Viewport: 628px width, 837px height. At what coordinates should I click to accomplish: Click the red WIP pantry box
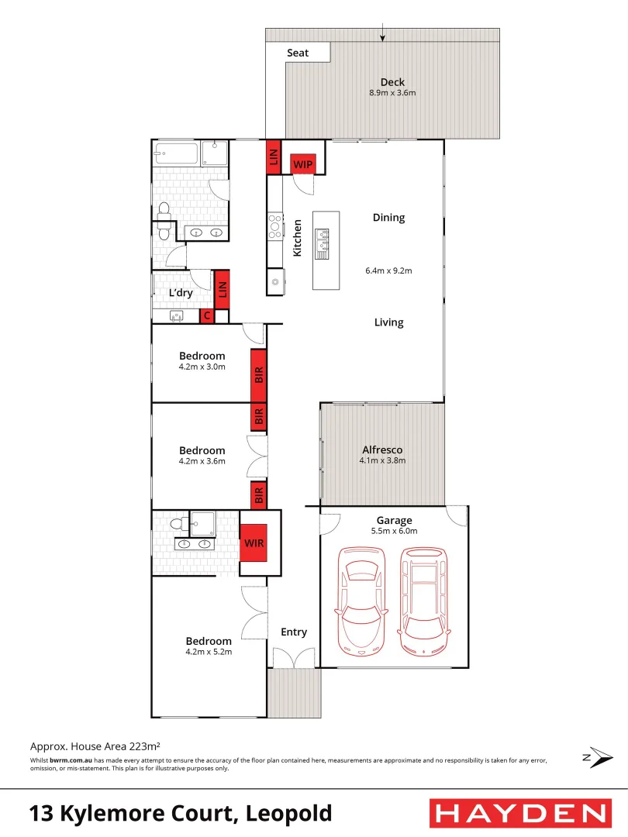[x=302, y=164]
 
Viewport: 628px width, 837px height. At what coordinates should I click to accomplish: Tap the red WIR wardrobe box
[x=254, y=542]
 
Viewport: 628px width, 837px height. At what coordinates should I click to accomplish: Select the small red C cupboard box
[x=207, y=315]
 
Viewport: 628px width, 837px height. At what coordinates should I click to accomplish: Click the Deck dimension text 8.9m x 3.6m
[x=392, y=93]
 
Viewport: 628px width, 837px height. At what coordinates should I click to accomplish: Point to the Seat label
[x=298, y=53]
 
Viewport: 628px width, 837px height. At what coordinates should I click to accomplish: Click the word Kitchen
[x=296, y=238]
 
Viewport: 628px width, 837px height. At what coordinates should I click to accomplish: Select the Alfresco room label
[x=382, y=449]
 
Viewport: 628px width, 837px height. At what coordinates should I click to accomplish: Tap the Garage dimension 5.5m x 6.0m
[x=394, y=531]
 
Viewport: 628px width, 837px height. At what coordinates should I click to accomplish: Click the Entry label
[x=294, y=632]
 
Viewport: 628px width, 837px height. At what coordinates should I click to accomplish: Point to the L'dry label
[x=181, y=293]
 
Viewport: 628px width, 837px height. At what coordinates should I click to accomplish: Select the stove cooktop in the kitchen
[x=274, y=226]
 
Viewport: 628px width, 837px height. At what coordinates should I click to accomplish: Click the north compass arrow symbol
[x=597, y=758]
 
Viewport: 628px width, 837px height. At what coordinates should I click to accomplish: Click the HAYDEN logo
[x=519, y=813]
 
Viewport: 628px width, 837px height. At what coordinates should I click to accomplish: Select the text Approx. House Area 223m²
[x=95, y=747]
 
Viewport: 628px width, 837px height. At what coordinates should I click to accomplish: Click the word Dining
[x=388, y=218]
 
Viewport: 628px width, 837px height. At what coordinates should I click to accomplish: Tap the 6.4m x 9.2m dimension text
[x=388, y=271]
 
